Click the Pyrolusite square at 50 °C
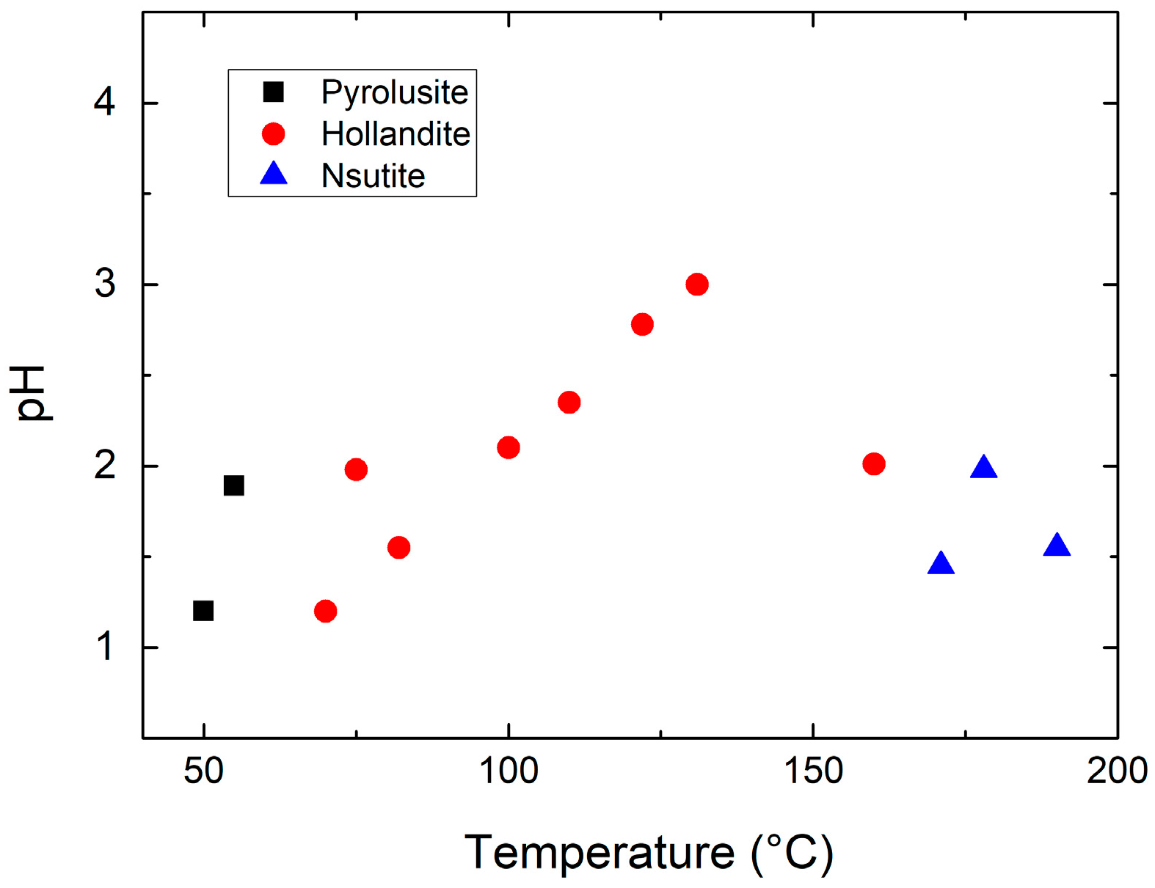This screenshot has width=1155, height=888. coord(203,611)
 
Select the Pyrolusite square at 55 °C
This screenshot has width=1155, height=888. coord(233,485)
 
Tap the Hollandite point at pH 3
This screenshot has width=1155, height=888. coord(697,285)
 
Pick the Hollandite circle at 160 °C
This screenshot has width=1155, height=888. coord(874,464)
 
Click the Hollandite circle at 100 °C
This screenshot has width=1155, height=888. coord(509,447)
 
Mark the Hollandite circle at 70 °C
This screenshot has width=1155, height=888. coord(325,611)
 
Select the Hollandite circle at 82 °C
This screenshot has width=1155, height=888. coord(398,548)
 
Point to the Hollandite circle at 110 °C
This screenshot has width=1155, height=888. coord(569,403)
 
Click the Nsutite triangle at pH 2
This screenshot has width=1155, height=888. coord(983,468)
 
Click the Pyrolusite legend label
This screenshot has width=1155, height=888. coord(395,92)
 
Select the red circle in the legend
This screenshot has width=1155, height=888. coord(274,133)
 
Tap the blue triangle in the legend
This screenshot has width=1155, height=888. coord(274,175)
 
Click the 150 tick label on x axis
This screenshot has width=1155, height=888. coord(813,771)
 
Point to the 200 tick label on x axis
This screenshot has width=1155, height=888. coord(1116,771)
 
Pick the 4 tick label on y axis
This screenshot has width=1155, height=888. coord(105,102)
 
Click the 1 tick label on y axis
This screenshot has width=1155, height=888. coord(105,647)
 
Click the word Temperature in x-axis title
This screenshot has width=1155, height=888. coord(600,852)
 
